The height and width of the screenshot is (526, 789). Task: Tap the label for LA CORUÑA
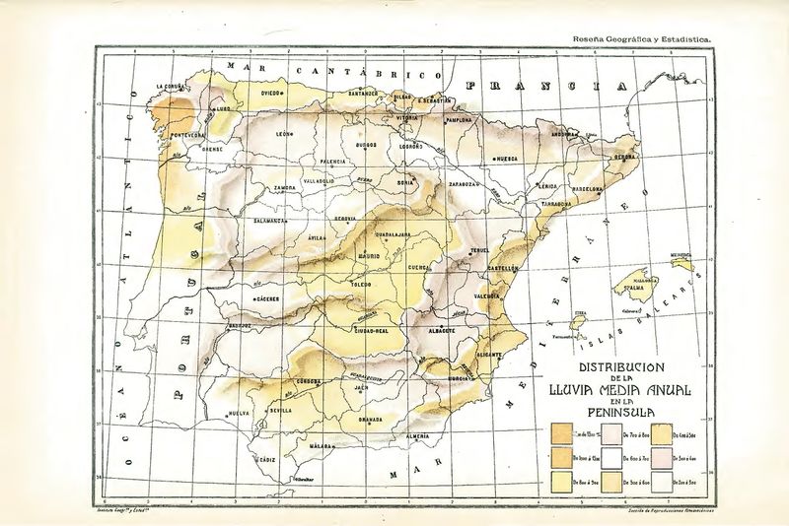[173, 88]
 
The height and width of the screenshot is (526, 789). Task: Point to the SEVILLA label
[279, 410]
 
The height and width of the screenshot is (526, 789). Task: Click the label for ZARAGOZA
[464, 183]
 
